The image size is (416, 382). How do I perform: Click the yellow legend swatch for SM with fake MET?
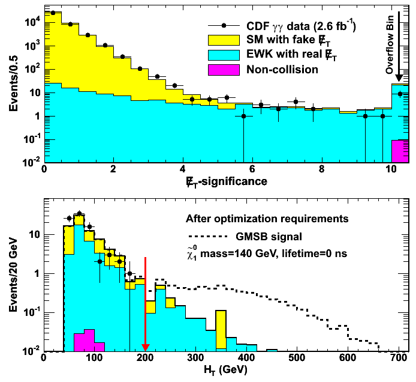tap(223, 40)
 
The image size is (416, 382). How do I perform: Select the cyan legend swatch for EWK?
tap(223, 55)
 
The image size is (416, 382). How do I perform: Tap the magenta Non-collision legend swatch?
tap(223, 69)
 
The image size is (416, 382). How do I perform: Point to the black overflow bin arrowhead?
tap(400, 76)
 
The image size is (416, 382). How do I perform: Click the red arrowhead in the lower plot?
tap(145, 346)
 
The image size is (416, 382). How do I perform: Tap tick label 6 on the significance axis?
tap(252, 169)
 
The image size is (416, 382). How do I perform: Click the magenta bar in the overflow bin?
tap(400, 151)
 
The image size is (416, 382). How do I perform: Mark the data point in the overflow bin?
tap(400, 93)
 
